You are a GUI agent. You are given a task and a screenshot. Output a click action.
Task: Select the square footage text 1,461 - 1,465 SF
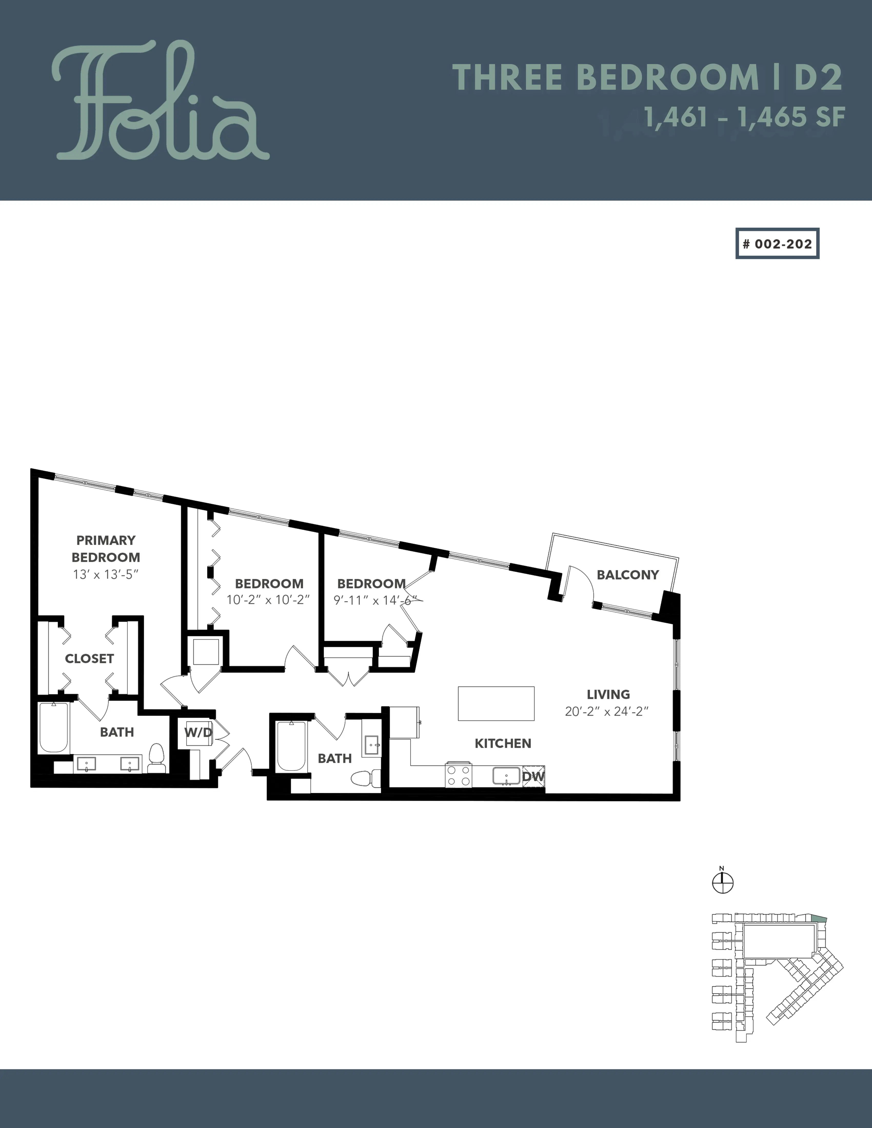point(744,117)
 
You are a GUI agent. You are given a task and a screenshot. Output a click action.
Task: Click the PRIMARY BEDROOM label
point(106,549)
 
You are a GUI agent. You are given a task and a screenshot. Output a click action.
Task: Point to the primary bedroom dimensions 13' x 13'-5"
point(106,574)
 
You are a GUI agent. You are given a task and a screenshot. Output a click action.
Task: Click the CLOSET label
point(89,659)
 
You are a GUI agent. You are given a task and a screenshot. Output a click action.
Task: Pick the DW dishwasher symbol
point(533,776)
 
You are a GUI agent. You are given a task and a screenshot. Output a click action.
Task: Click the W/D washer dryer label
point(198,732)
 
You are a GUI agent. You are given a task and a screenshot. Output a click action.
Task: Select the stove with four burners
point(459,775)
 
